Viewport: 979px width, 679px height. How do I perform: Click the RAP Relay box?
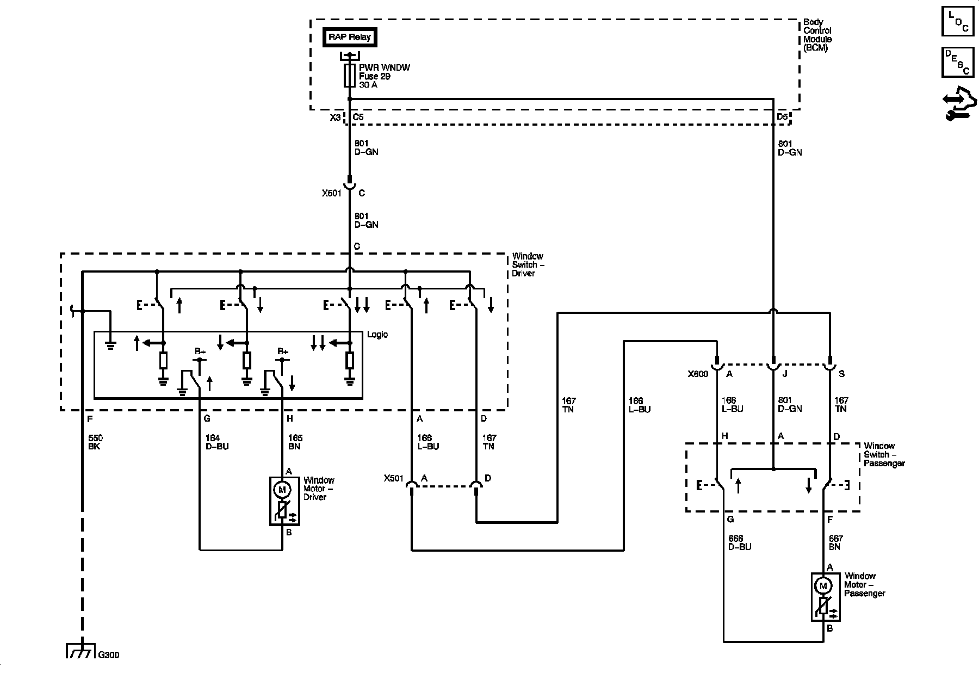pos(350,37)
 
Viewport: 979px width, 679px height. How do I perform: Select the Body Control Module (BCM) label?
pos(818,35)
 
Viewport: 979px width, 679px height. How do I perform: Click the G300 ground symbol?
pos(80,651)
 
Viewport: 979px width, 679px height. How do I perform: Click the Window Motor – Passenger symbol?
pos(826,597)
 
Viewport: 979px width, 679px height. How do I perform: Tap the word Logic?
pos(377,335)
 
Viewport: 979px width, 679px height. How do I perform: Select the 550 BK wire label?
pos(95,442)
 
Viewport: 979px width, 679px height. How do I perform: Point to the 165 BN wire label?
pos(295,442)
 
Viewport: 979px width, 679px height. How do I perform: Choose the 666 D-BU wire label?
pos(740,542)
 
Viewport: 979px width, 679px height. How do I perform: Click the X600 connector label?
pos(698,374)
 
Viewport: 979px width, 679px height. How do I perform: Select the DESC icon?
pos(958,62)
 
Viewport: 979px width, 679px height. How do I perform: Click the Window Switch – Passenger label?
pos(884,454)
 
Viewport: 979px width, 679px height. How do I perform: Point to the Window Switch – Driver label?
pos(528,264)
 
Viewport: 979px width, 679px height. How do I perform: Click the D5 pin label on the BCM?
pos(782,116)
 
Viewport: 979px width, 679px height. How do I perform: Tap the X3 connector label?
pos(335,116)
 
